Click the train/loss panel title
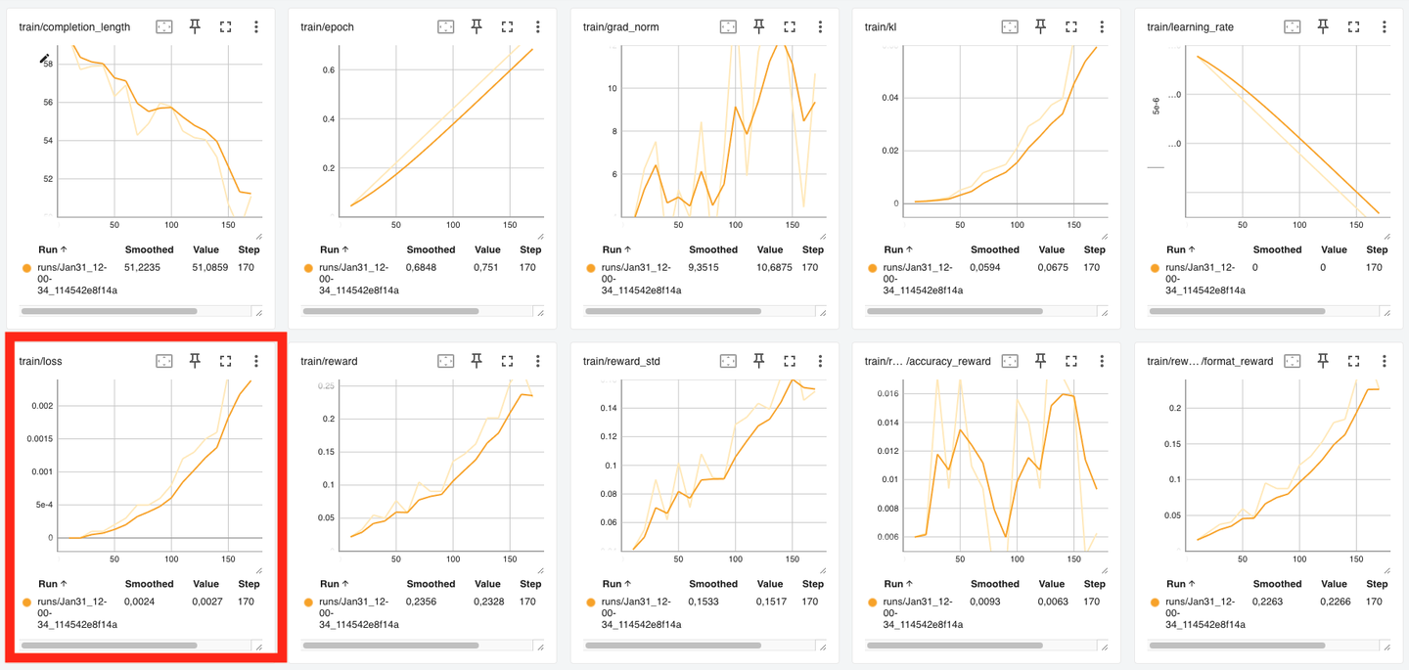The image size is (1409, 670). tap(41, 362)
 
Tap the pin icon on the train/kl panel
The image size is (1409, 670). tap(1040, 27)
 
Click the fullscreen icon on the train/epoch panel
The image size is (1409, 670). tap(507, 27)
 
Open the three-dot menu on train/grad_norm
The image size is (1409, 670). tap(820, 27)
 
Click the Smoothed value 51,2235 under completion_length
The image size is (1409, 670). tap(142, 267)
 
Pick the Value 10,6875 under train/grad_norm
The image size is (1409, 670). tap(770, 267)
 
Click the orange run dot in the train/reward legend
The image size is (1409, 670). tap(308, 603)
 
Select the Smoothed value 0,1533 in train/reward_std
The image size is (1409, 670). tap(705, 602)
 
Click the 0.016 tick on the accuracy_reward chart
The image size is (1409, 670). tap(886, 394)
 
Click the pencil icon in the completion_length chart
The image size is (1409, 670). tap(44, 60)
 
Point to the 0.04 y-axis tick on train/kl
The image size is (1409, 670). tap(889, 98)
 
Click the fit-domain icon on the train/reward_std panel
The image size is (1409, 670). tap(728, 362)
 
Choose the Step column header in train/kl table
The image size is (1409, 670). tap(1094, 249)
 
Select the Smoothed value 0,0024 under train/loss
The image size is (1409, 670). tap(142, 602)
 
